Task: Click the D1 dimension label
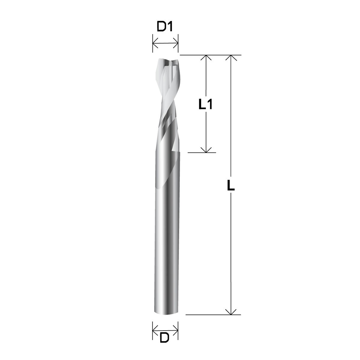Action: [164, 27]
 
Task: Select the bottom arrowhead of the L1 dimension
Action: [206, 150]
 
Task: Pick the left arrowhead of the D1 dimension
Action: [155, 43]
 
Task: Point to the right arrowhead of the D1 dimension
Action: [175, 43]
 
